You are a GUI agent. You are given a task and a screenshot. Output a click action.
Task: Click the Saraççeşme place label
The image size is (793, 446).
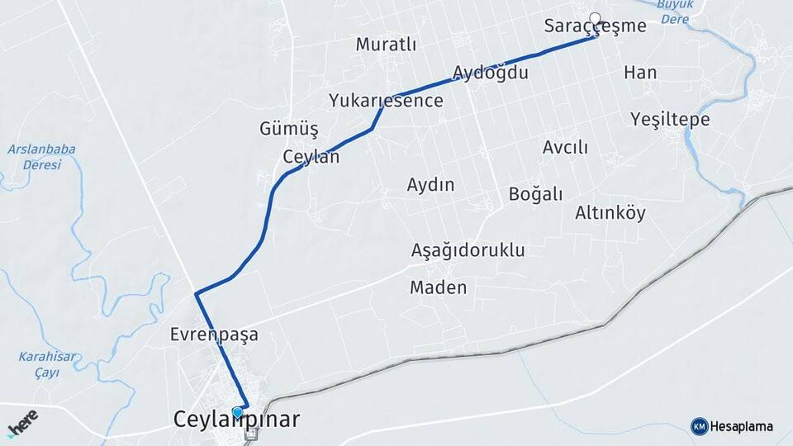click(x=595, y=26)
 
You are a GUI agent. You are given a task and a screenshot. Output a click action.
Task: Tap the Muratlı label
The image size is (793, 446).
click(x=386, y=45)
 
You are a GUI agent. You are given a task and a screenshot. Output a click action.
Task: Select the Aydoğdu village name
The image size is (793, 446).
click(x=491, y=73)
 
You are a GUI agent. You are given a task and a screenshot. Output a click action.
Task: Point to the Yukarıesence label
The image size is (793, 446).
click(x=386, y=101)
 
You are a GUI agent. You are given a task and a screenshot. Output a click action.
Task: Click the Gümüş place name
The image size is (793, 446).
click(x=289, y=129)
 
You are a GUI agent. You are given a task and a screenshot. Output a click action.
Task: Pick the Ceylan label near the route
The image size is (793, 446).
click(x=311, y=157)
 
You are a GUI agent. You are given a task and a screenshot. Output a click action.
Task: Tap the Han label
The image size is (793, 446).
click(x=640, y=73)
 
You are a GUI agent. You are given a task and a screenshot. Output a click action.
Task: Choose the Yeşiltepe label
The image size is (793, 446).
click(x=670, y=120)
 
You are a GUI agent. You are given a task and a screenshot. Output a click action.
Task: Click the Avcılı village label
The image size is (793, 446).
click(x=565, y=148)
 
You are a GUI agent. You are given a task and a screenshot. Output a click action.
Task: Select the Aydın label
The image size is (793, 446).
click(x=430, y=185)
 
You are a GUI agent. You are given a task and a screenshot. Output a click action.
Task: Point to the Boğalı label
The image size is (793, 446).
click(x=535, y=194)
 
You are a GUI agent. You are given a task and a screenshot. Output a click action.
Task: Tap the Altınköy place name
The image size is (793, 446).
click(x=610, y=213)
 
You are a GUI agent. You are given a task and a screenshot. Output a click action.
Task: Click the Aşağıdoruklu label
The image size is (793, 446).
click(x=468, y=250)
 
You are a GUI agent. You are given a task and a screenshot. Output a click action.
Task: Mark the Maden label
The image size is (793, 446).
click(x=438, y=288)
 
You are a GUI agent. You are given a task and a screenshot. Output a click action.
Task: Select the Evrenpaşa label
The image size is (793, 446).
click(x=214, y=335)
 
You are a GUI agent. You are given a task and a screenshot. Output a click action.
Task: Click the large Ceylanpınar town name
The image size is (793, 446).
click(x=236, y=420)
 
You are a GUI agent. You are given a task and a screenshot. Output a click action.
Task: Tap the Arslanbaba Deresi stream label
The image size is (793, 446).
click(x=41, y=157)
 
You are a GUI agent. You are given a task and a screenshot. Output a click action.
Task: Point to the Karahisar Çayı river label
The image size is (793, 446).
click(x=47, y=363)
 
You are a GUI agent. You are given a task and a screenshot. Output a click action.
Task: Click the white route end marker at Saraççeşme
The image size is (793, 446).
click(x=595, y=17)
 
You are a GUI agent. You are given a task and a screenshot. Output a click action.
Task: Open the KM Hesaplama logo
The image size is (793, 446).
click(x=732, y=426)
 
